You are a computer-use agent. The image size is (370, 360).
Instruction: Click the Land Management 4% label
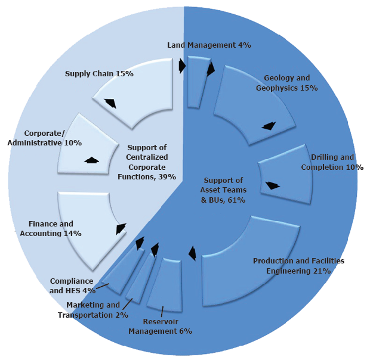tap(209, 45)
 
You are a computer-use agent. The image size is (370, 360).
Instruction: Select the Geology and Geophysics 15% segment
tap(251, 104)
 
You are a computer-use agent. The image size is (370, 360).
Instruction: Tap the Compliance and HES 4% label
tap(72, 285)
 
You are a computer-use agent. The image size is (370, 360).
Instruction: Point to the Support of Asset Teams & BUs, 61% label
tap(223, 190)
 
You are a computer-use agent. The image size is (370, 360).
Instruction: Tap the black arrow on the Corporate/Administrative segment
tap(91, 160)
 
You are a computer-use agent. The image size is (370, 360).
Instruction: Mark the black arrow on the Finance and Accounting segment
tap(121, 228)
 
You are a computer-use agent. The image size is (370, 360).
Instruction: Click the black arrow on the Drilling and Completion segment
tap(272, 185)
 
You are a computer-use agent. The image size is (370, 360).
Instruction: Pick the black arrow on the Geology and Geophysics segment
tap(269, 126)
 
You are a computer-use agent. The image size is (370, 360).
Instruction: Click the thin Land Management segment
tap(194, 83)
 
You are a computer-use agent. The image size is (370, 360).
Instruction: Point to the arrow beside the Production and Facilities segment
tap(192, 253)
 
